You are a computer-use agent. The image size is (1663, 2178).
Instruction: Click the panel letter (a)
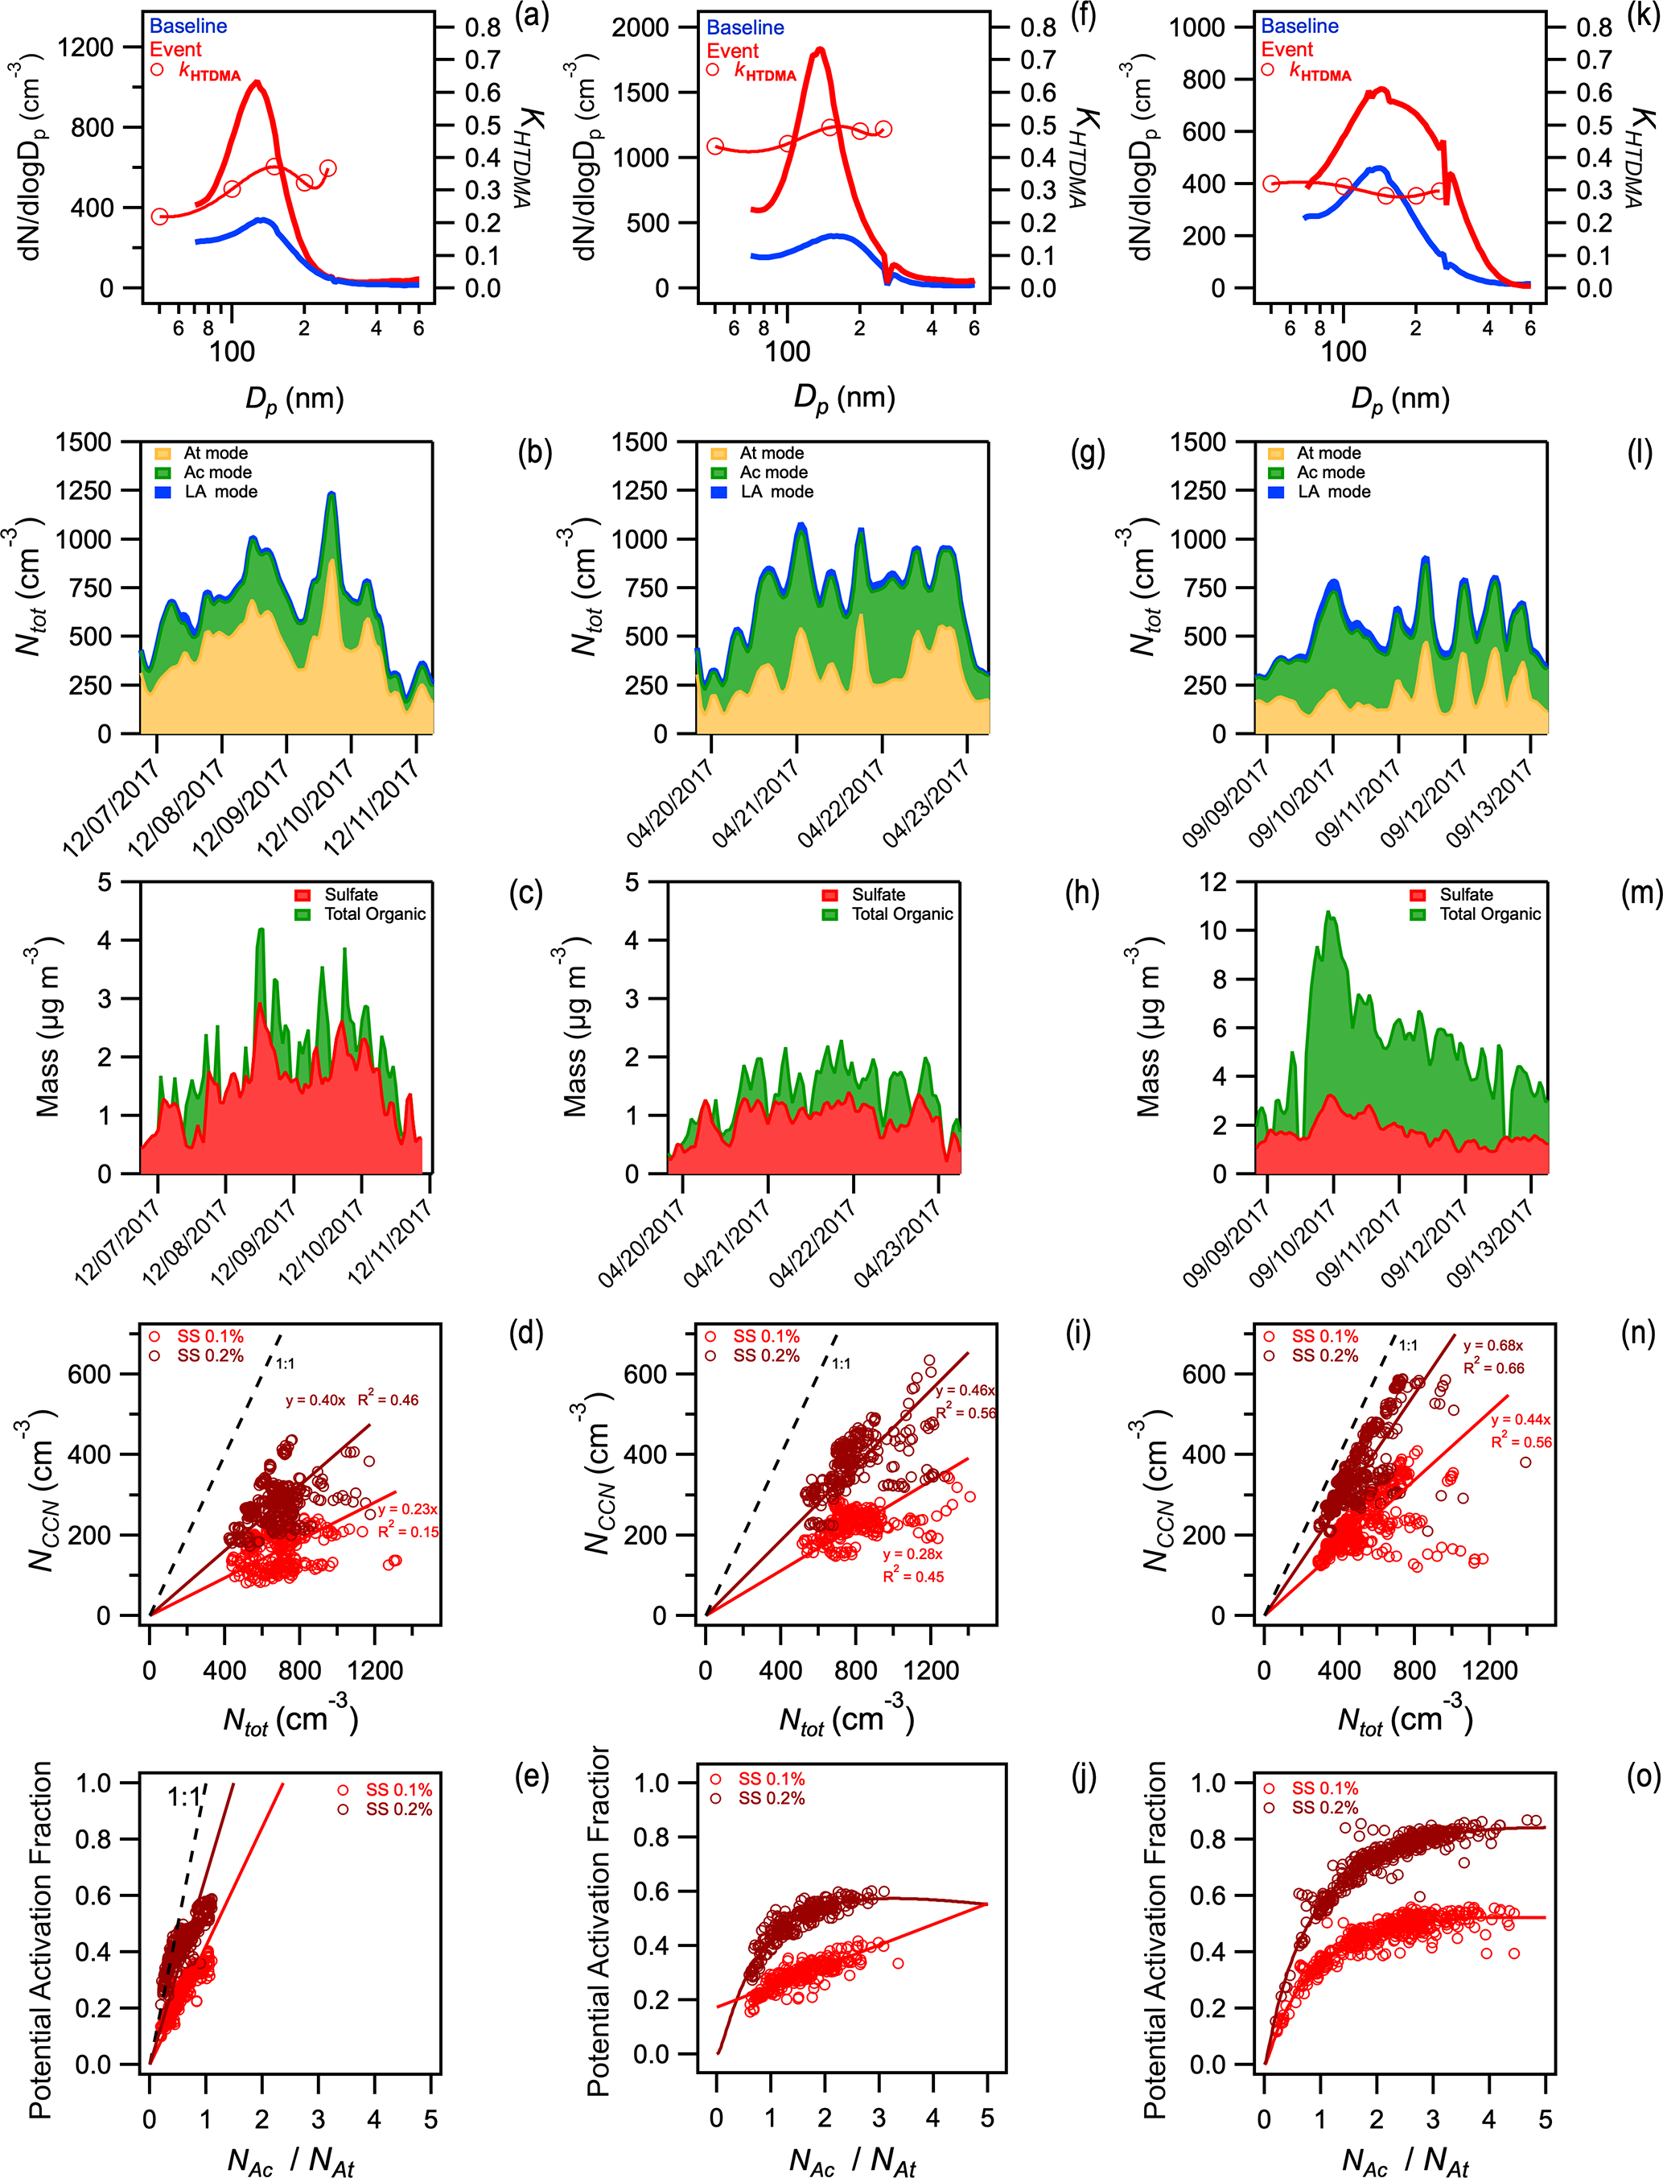tap(532, 18)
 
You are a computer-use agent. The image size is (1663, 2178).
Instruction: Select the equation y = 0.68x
tap(1492, 1346)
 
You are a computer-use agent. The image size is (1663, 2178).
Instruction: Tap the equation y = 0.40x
tap(315, 1400)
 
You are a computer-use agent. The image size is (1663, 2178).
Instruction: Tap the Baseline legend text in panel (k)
tap(1299, 27)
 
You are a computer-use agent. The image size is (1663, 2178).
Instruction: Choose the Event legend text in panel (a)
tap(175, 50)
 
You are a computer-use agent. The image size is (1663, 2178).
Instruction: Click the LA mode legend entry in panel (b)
tap(220, 492)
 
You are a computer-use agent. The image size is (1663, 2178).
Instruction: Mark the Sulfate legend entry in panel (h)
tap(878, 895)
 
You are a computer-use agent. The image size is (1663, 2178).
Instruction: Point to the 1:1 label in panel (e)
tap(183, 1796)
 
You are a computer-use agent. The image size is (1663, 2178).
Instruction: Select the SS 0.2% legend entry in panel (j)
tap(771, 1798)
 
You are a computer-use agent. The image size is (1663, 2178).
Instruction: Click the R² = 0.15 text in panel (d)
tap(408, 1532)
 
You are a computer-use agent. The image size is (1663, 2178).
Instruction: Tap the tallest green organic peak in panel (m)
tap(1328, 913)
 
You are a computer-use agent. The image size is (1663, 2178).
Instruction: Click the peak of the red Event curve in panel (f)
tap(820, 50)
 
